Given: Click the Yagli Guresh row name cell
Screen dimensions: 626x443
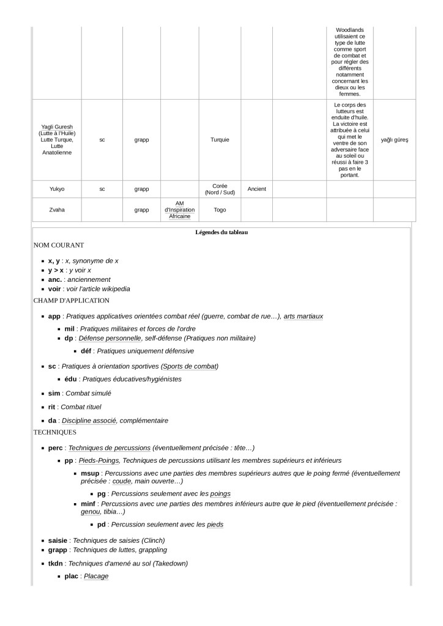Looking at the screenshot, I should click(x=56, y=140).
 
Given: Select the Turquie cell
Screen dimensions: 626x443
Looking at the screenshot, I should click(x=220, y=140).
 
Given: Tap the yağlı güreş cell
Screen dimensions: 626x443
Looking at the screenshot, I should click(x=394, y=140).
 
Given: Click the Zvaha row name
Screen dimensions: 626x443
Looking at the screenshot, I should click(x=56, y=210).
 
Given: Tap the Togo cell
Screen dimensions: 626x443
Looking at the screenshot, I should click(x=220, y=210).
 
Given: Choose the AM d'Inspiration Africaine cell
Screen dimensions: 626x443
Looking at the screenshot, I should click(x=179, y=210).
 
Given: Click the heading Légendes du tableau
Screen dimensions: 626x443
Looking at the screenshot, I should click(x=221, y=232).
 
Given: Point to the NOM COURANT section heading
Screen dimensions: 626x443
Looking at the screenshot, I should click(x=59, y=245).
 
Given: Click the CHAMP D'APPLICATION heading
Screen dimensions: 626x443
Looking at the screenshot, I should click(x=72, y=301).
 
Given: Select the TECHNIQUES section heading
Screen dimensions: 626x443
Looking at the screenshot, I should click(x=55, y=432).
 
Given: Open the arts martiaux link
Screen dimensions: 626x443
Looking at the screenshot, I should click(x=303, y=316).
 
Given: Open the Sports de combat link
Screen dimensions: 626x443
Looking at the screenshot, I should click(x=189, y=366).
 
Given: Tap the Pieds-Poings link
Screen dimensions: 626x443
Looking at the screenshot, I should click(x=98, y=460).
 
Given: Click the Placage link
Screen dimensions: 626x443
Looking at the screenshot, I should click(x=95, y=576).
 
